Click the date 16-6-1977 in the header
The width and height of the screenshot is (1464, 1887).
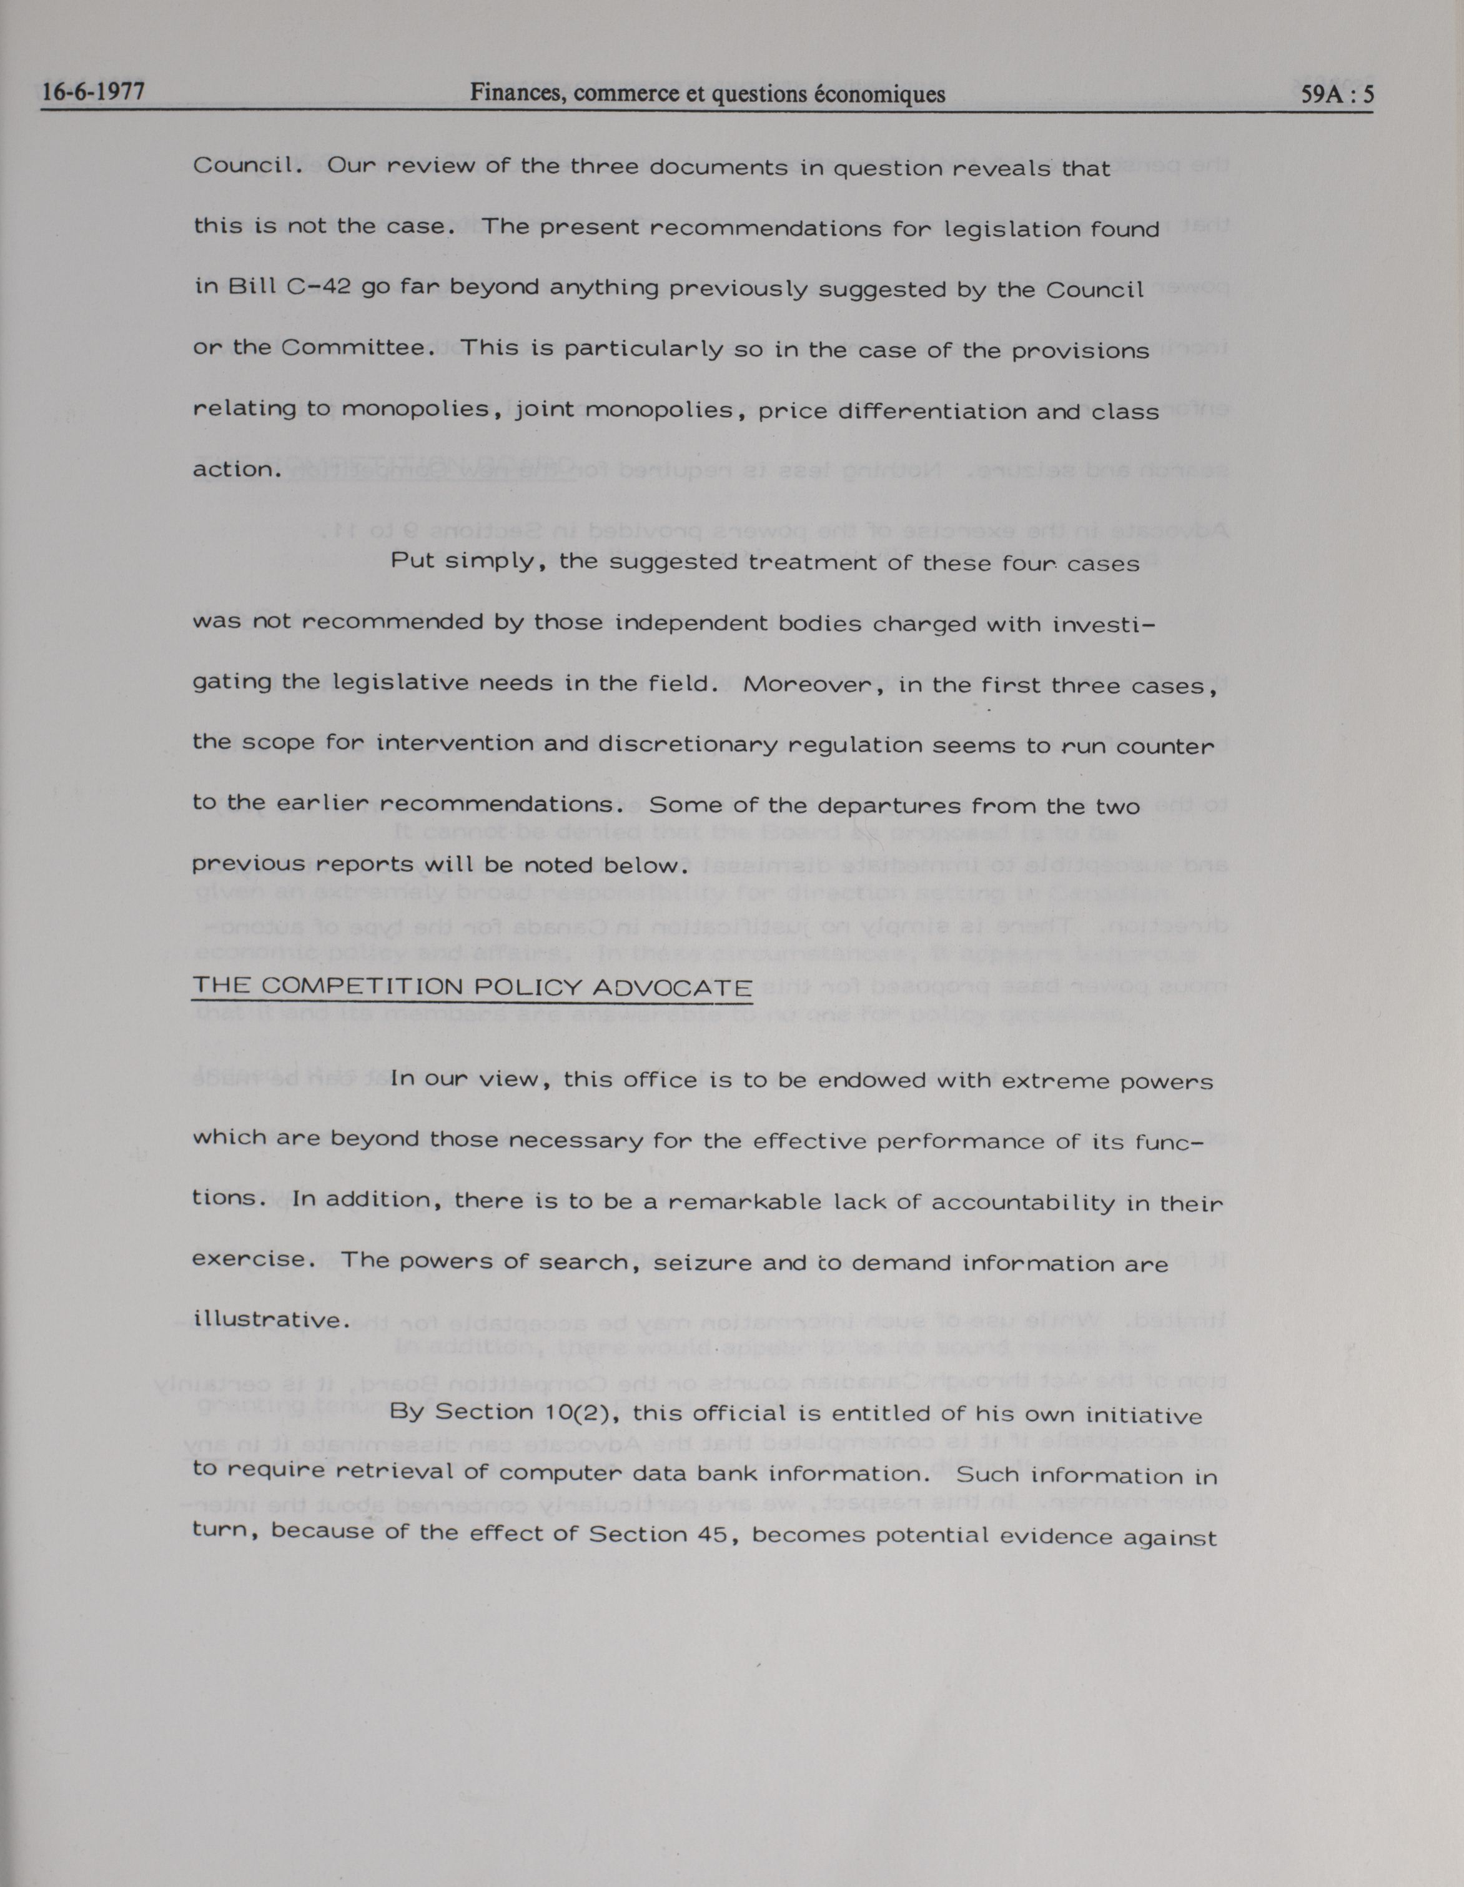click(92, 93)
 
